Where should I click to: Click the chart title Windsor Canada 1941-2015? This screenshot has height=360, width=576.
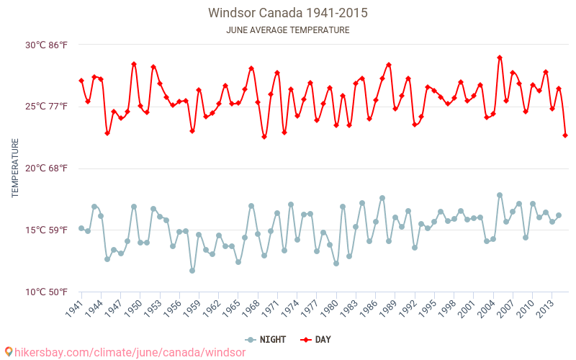[288, 13]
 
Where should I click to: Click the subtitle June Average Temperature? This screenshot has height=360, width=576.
[288, 30]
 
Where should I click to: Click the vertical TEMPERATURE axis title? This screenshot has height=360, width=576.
[16, 168]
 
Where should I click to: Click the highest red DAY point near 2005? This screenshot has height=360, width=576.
[500, 58]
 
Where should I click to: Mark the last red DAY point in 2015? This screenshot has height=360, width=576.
[565, 135]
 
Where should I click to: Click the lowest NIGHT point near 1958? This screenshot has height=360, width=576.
[192, 271]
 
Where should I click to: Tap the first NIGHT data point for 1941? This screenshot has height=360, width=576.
[81, 228]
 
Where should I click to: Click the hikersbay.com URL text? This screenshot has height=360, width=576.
[130, 352]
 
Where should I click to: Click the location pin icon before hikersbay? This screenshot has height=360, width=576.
[9, 351]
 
